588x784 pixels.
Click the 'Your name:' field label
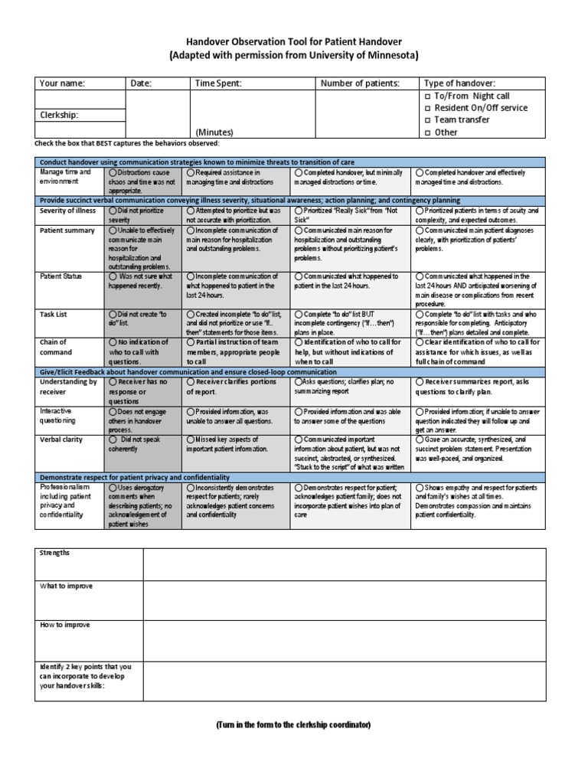(61, 83)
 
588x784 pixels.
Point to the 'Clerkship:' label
(59, 115)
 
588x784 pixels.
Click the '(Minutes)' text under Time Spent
(216, 132)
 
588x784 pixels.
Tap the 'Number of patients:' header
(360, 83)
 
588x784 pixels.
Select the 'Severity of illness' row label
(67, 211)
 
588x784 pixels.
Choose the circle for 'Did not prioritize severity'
(113, 211)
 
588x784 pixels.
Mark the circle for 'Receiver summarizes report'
(419, 381)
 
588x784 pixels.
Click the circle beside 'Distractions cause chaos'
(113, 173)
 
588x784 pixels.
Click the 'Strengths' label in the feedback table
(54, 553)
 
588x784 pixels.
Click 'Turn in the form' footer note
(293, 725)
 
